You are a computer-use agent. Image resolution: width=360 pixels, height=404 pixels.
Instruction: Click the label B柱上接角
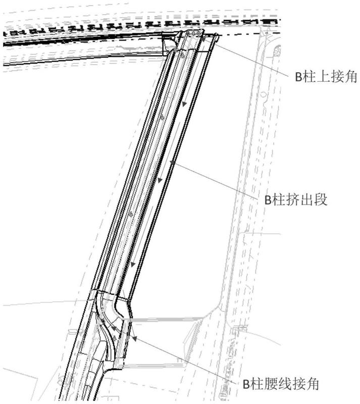[326, 77]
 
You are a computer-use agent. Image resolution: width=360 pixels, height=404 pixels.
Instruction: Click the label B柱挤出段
[296, 199]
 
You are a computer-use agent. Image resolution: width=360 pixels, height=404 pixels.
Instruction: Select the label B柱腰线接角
[281, 384]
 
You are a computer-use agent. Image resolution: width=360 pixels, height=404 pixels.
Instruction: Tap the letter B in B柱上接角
[298, 77]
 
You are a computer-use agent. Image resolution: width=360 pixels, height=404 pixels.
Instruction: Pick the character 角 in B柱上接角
[351, 77]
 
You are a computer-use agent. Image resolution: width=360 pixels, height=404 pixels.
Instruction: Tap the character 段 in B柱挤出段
[321, 199]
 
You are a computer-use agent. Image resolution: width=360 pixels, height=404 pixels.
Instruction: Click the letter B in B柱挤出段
[268, 200]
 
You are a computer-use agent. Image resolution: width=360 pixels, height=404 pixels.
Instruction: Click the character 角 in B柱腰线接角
[313, 384]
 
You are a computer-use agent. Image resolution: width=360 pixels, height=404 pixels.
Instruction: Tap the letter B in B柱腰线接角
[246, 384]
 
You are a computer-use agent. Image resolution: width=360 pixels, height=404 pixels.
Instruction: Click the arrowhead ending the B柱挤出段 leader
[172, 162]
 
